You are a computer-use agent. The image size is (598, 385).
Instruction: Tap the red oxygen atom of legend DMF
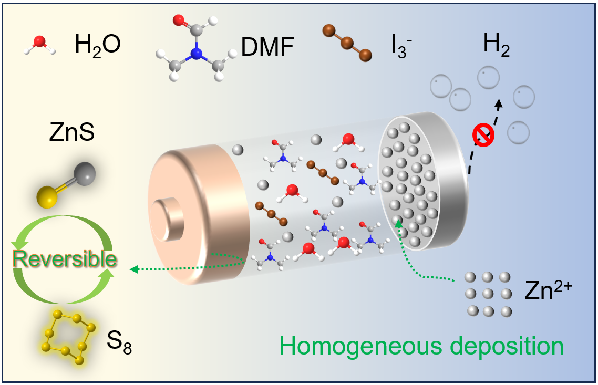[x=178, y=21]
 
